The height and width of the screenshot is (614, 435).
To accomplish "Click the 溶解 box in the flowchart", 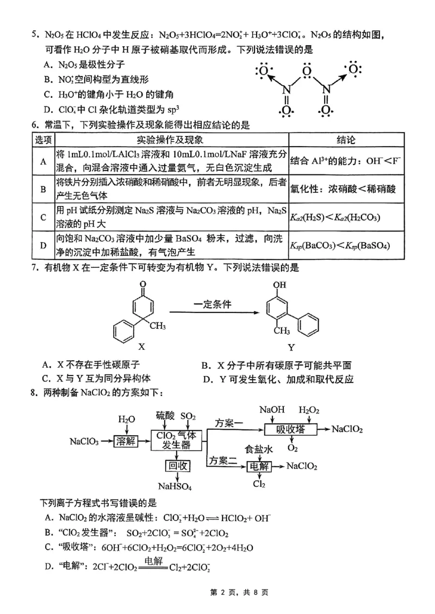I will [127, 441].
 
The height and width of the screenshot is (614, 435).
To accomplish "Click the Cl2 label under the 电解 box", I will [259, 484].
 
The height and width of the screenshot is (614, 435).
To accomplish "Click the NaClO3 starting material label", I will [84, 441].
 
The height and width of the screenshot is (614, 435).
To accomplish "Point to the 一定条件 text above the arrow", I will [212, 304].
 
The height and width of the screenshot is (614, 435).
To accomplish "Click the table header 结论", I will [347, 140].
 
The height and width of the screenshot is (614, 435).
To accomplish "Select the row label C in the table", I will [42, 217].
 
